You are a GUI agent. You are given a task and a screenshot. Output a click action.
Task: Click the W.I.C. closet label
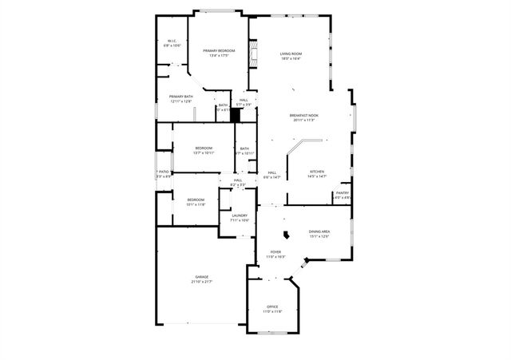172,41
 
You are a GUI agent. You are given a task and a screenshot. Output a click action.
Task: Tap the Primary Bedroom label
218,50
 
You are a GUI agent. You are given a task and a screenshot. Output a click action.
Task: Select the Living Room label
290,53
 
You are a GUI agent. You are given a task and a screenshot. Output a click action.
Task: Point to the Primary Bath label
180,97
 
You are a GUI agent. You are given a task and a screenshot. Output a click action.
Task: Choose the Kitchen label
317,172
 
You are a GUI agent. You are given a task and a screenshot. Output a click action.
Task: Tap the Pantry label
343,192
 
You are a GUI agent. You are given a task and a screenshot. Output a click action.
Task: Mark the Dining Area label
319,231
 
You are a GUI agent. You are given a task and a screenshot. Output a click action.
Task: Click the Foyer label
275,252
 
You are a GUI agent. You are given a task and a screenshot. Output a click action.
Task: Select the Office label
272,307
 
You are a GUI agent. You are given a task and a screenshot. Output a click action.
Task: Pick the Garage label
202,277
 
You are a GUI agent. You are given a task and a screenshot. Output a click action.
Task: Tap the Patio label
163,171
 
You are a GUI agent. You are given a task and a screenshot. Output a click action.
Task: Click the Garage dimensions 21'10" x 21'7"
202,282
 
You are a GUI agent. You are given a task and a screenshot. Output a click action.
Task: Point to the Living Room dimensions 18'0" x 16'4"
290,58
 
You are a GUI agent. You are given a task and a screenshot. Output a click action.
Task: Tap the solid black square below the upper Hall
236,114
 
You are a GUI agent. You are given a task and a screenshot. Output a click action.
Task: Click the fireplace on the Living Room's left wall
253,58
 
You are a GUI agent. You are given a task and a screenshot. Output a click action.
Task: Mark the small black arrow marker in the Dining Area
285,235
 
